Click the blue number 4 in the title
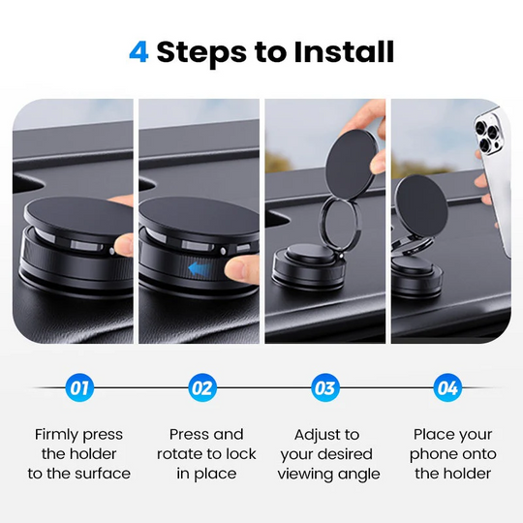point(138,51)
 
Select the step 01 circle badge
point(78,389)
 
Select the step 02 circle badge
point(201,389)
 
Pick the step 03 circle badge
point(325,389)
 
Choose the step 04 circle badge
point(447,389)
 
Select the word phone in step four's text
point(433,454)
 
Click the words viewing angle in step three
point(329,474)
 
